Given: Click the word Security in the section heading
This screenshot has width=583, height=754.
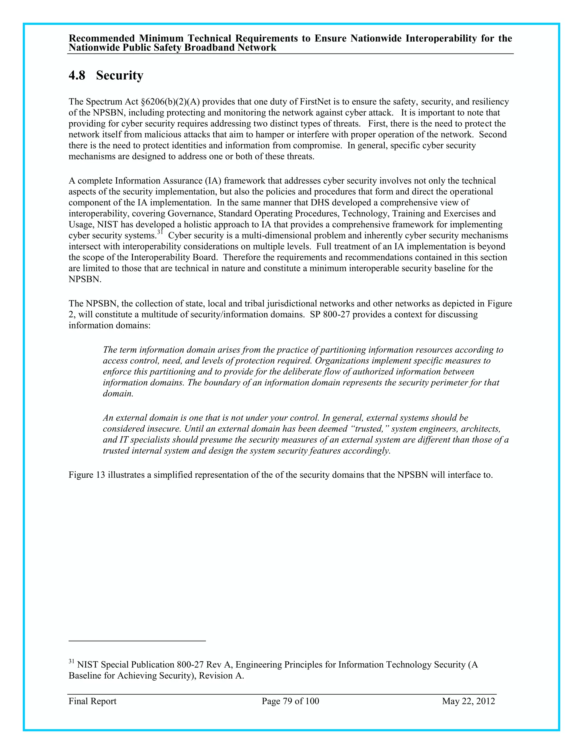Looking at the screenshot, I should pyautogui.click(x=120, y=75).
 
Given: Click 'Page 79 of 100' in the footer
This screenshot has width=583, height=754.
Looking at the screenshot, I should pyautogui.click(x=290, y=701).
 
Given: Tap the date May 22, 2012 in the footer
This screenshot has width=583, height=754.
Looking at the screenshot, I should pyautogui.click(x=468, y=701).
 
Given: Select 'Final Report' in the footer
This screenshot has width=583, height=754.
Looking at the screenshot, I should pyautogui.click(x=92, y=701).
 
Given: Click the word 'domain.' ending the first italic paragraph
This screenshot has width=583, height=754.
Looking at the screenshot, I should pyautogui.click(x=118, y=394).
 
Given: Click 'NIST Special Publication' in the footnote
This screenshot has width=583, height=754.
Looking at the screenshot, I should pyautogui.click(x=125, y=665).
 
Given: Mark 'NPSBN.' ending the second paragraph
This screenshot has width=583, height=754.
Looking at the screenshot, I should pyautogui.click(x=85, y=279).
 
